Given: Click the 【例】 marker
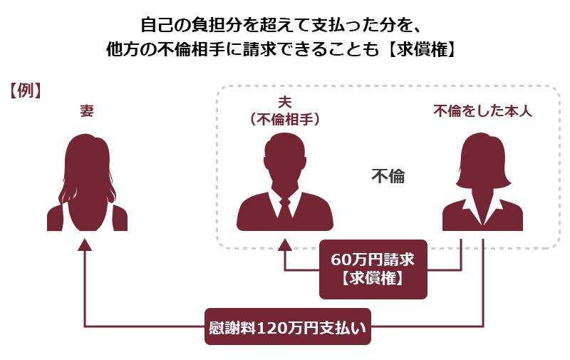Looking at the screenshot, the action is coord(25,91).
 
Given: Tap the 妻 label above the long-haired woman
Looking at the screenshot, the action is coord(87,110).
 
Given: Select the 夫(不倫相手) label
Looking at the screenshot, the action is coord(284,110).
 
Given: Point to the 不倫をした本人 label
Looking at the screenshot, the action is coord(482,111).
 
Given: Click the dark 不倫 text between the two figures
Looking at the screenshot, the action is coord(388,176).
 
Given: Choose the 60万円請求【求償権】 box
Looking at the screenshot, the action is coord(373,269).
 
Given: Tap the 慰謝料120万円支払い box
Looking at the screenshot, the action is coord(288,326).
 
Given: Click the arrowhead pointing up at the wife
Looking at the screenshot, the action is coord(85,245).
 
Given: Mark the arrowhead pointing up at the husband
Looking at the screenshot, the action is coord(284,245).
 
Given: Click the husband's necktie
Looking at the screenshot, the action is coord(285,207).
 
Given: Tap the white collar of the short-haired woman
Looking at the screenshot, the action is coord(482,210).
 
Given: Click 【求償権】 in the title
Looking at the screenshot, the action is coord(422,49).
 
